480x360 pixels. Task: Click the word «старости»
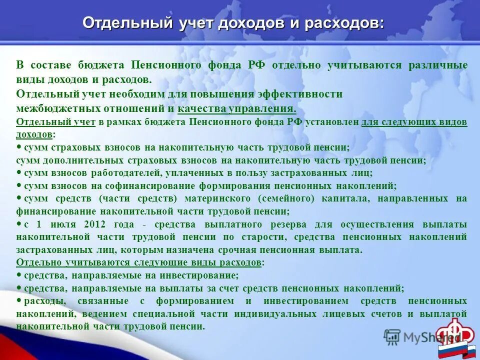tap(265, 237)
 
